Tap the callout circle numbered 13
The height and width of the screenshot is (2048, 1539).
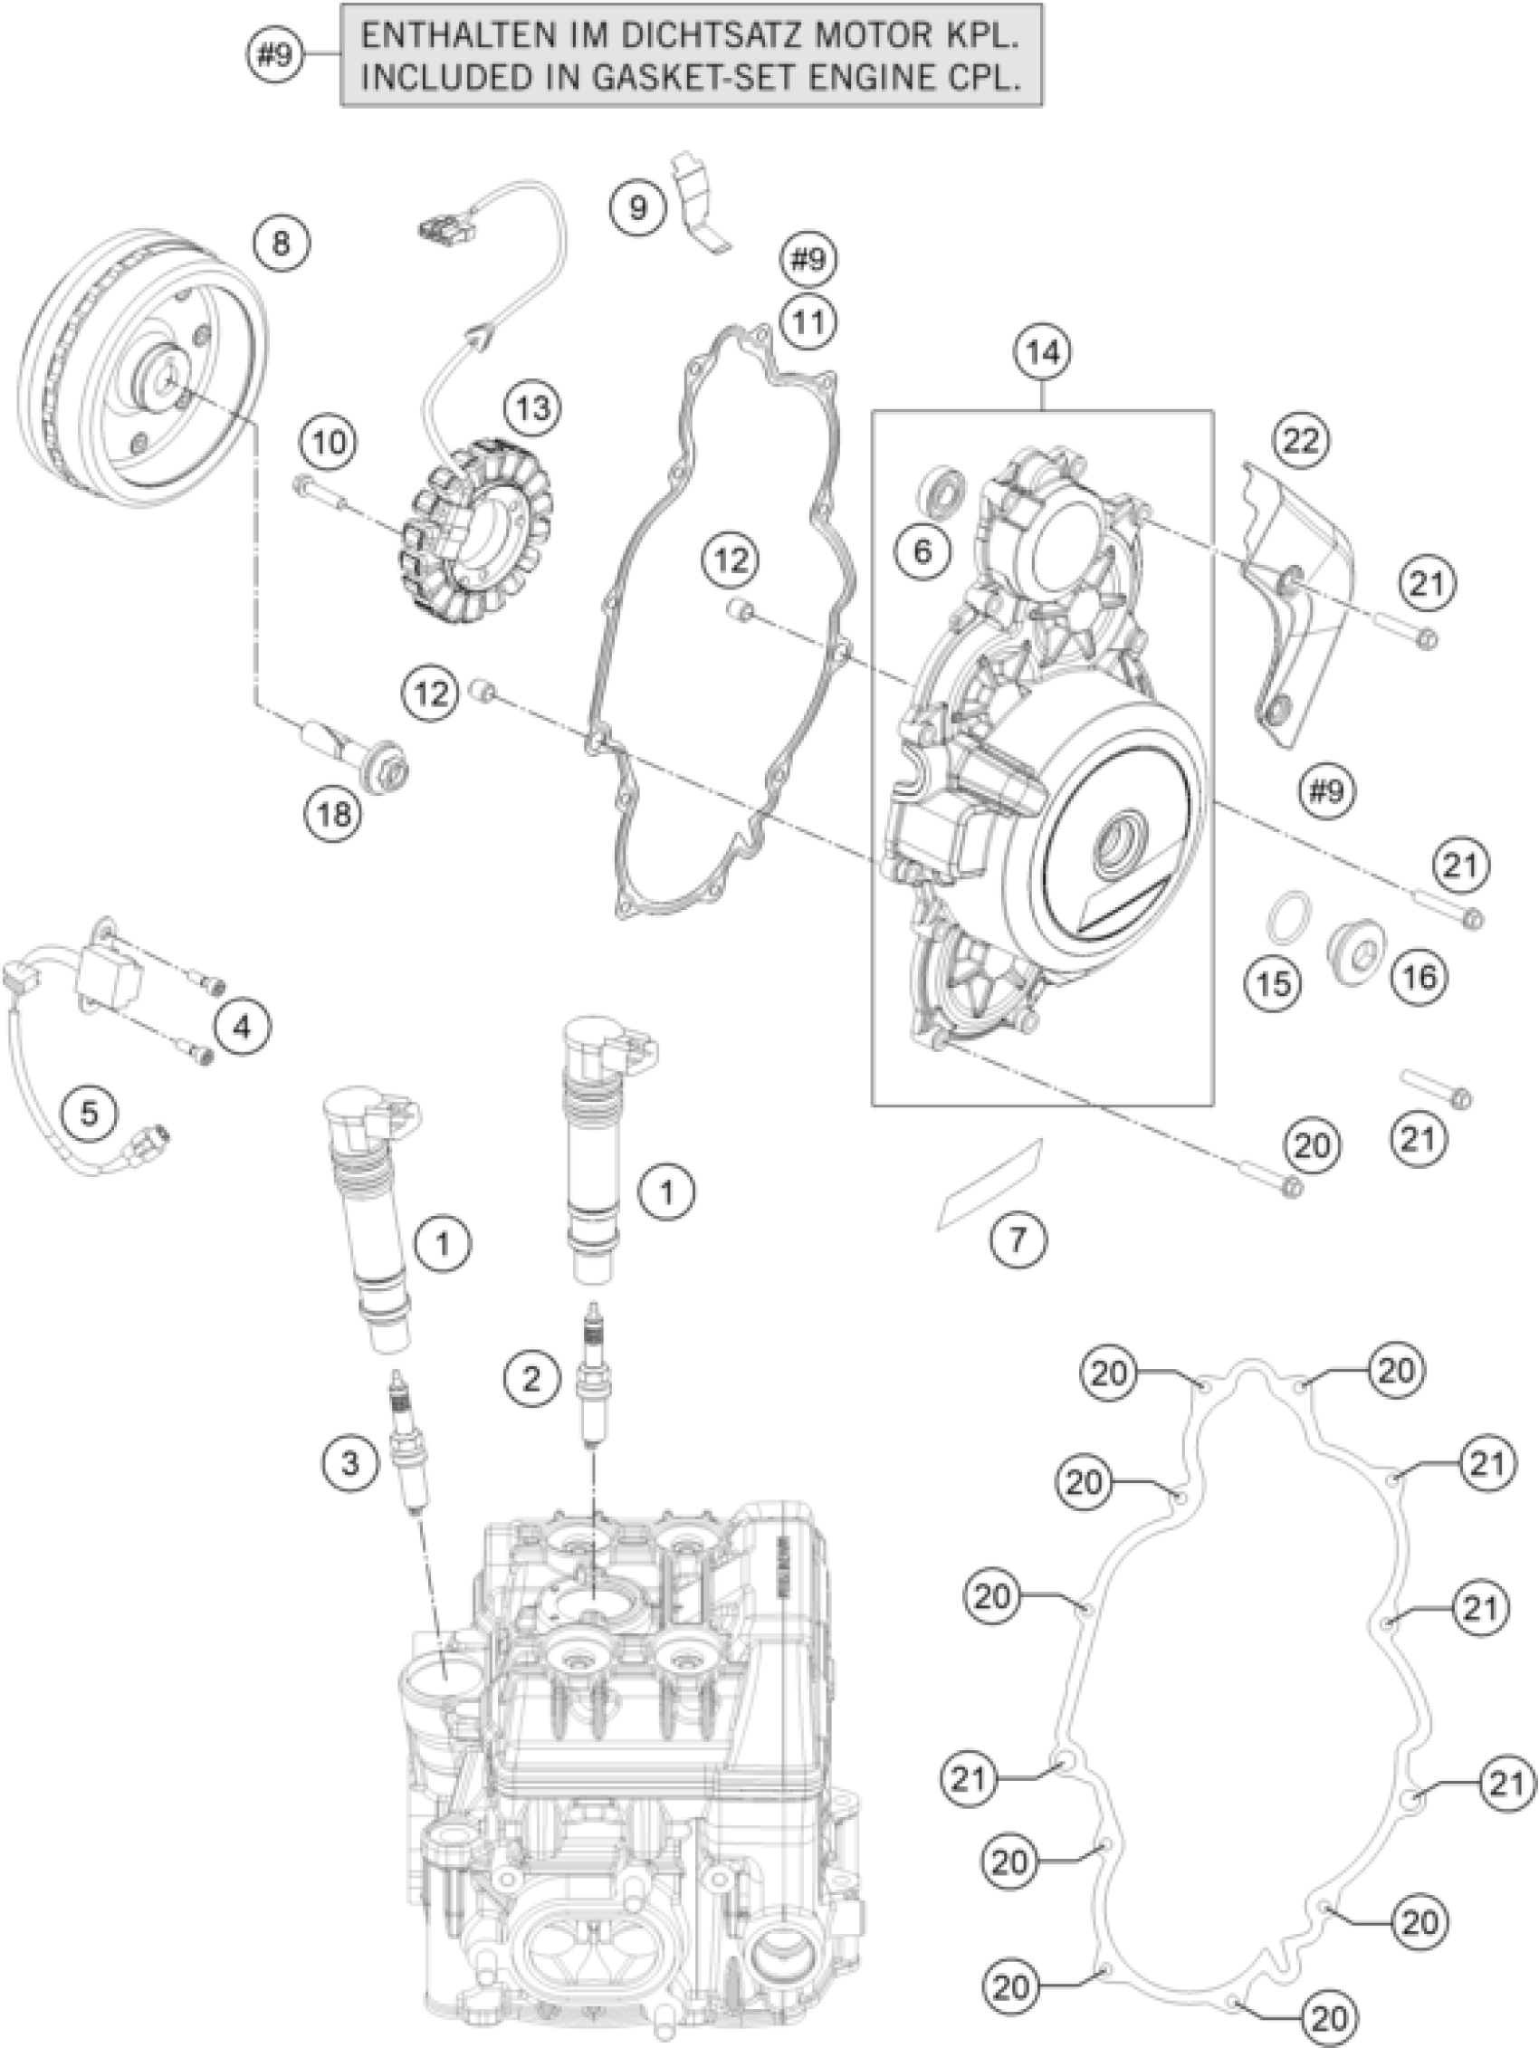click(x=533, y=407)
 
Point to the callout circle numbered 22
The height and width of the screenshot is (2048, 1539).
click(x=1299, y=441)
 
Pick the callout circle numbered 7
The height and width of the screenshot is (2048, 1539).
click(x=1017, y=1238)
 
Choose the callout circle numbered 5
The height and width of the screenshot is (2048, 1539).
click(x=89, y=1112)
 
